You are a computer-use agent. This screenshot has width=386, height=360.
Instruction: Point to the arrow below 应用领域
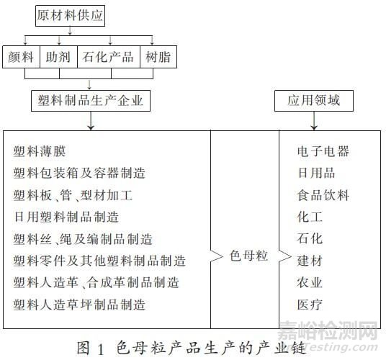tap(314, 120)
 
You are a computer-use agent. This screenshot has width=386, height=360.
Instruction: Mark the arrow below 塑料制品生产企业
tap(91, 120)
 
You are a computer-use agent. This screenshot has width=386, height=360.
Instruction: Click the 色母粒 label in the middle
tap(248, 256)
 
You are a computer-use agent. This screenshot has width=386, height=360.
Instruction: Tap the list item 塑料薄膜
tap(40, 151)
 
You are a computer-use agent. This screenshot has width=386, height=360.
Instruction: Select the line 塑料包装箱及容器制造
tap(79, 173)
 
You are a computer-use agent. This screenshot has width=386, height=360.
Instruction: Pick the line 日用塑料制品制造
tap(66, 217)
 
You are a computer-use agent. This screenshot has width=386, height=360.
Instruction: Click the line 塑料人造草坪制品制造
tap(79, 305)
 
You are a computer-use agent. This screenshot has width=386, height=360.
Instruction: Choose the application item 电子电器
tap(323, 151)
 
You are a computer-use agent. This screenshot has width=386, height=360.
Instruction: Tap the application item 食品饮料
tap(323, 195)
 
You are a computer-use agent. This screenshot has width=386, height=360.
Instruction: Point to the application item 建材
tap(310, 261)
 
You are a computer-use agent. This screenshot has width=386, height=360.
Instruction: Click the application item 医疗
tap(310, 305)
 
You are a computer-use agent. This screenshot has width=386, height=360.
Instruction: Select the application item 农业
tap(310, 282)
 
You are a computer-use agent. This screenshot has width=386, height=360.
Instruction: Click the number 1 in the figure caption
tap(100, 349)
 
